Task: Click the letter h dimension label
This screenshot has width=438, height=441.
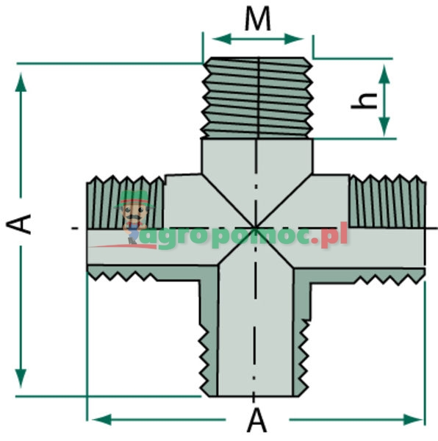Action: click(359, 100)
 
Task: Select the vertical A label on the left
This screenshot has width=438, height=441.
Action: click(24, 223)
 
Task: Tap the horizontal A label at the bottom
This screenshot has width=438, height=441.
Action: click(256, 420)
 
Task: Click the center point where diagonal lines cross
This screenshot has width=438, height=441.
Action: click(256, 228)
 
